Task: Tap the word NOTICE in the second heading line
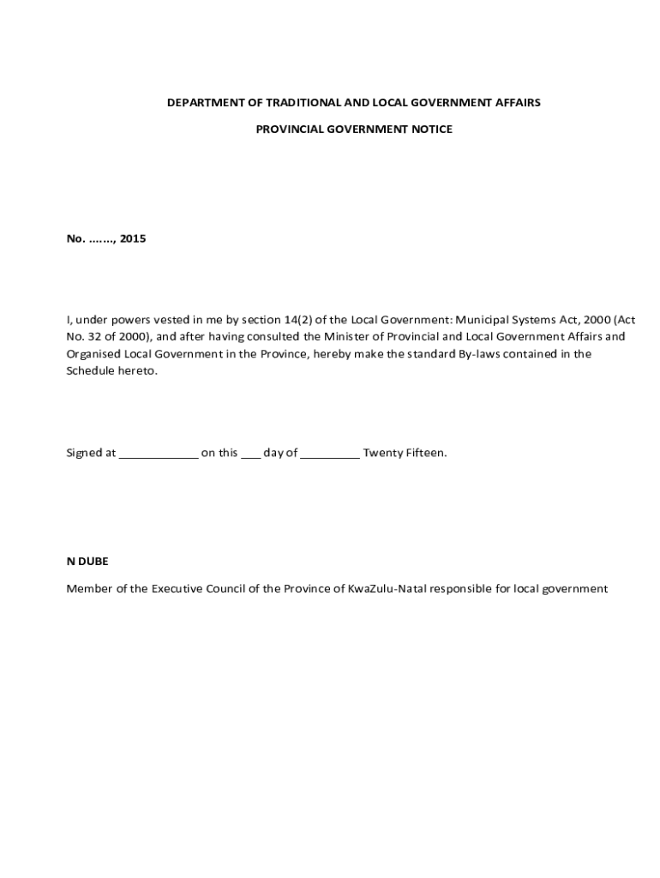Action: [x=431, y=129]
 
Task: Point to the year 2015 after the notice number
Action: [x=133, y=239]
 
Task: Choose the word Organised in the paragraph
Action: [x=93, y=354]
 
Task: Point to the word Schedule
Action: [x=89, y=371]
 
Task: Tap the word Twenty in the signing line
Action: [x=381, y=453]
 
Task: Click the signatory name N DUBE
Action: [x=87, y=562]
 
